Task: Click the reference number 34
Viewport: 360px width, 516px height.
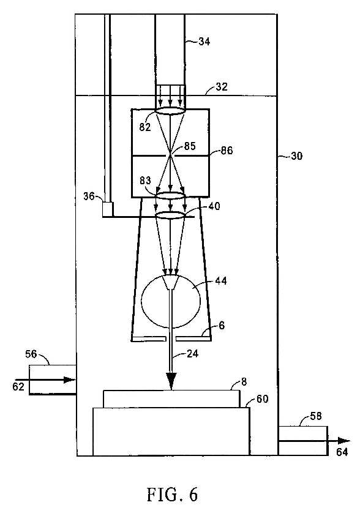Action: (204, 42)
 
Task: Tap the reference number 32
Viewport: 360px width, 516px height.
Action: (222, 86)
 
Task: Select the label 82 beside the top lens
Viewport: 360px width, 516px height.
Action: (144, 127)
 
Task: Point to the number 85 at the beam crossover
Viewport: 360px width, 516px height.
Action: (190, 146)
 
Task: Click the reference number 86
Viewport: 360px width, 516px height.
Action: (227, 151)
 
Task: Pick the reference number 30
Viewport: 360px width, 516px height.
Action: (296, 155)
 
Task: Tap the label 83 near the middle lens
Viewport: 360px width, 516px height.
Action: (145, 181)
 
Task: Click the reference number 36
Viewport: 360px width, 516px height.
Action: (89, 196)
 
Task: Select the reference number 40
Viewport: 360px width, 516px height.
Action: (214, 206)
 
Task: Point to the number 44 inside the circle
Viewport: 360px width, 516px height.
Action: (221, 281)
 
